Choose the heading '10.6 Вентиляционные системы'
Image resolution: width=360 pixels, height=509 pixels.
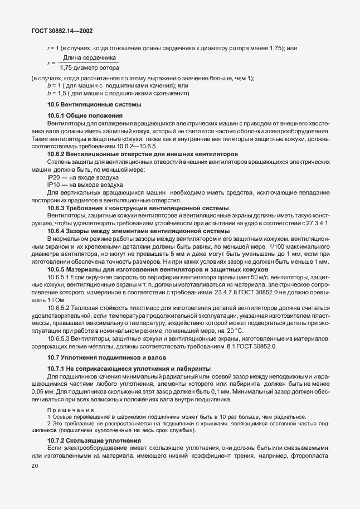tap(86, 104)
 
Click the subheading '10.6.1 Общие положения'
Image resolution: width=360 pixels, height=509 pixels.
tap(85, 115)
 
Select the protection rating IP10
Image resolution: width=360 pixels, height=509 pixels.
tap(53, 185)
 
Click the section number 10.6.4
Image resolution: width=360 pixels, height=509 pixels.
tap(57, 230)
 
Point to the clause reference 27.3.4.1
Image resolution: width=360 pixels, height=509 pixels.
tap(315, 223)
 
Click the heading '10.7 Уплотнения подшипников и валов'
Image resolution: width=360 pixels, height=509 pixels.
tap(99, 357)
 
